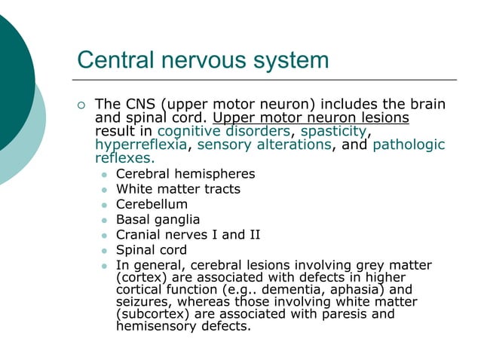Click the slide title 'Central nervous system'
coord(203,59)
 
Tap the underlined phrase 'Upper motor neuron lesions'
coord(311,117)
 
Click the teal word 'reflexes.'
coord(124,158)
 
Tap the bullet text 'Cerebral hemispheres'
coord(185,174)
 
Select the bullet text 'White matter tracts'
coord(178,189)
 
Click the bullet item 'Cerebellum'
coord(152,204)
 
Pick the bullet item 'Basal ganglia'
coord(158,220)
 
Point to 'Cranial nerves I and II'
coord(188,235)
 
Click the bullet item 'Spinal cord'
coord(151,250)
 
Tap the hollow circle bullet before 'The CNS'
coord(83,105)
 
